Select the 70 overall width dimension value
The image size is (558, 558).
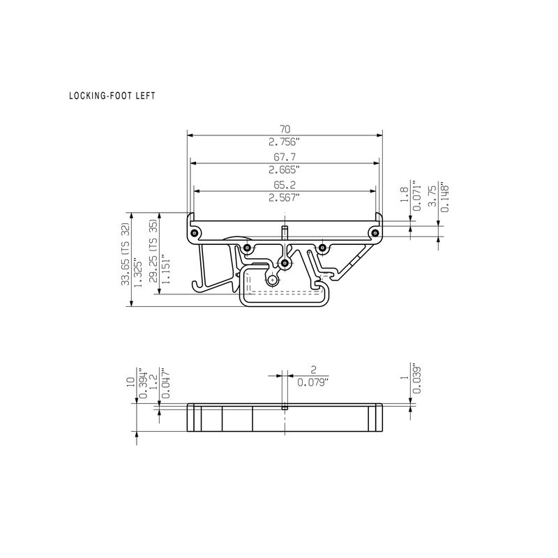pos(285,128)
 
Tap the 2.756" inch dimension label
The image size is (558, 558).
pos(285,141)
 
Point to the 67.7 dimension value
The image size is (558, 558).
pos(285,158)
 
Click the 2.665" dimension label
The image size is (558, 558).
pos(285,169)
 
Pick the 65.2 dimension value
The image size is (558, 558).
pos(285,186)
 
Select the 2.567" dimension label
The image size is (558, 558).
pos(285,198)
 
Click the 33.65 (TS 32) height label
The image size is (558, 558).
pos(126,255)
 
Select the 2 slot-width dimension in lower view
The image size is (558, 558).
pos(313,369)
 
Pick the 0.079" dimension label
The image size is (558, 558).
pos(313,382)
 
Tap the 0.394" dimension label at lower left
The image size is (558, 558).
pos(142,384)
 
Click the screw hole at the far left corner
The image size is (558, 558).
pos(193,232)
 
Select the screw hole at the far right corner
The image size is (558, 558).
pos(375,232)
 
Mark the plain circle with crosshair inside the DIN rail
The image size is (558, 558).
pos(271,279)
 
